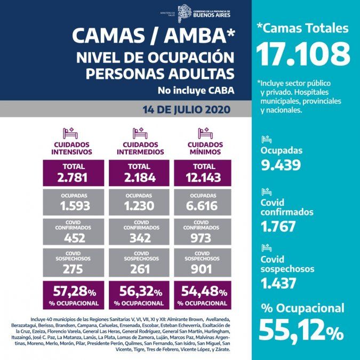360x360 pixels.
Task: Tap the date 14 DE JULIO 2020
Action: (186, 110)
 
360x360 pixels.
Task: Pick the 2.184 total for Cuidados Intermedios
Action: (140, 178)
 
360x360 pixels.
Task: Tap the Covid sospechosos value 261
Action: (140, 269)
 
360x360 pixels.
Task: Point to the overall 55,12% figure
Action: (301, 331)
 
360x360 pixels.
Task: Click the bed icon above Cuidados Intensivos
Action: (70, 133)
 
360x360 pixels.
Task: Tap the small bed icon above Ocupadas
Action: (266, 140)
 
